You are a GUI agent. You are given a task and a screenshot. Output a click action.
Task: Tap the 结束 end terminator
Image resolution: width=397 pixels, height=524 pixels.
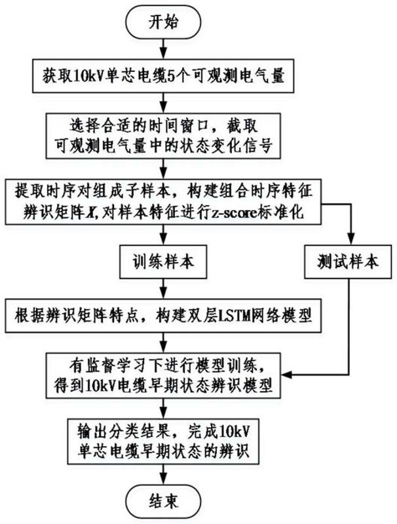(x=157, y=502)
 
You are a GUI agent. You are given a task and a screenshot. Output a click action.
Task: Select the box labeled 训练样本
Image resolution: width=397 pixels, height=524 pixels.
(x=158, y=262)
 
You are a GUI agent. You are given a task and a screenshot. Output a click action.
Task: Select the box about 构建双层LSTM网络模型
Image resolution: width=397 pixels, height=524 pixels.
(x=157, y=318)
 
